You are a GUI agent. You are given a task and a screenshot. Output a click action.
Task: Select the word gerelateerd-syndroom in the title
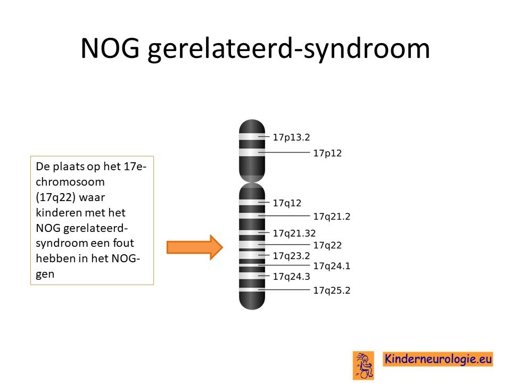click(289, 49)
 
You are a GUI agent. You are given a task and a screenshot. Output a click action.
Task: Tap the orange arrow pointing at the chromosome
click(195, 247)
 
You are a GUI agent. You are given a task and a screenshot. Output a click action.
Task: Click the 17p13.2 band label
click(291, 137)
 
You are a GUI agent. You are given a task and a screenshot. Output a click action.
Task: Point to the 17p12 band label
click(327, 153)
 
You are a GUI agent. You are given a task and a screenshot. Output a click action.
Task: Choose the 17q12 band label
click(287, 203)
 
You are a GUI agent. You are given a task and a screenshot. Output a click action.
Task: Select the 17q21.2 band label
click(332, 217)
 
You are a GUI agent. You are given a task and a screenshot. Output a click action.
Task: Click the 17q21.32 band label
click(294, 233)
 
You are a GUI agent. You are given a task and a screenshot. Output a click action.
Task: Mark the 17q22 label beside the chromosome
click(327, 245)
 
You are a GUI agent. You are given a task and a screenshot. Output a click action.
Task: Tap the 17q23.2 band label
click(291, 256)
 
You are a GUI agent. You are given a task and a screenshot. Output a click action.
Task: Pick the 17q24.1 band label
click(332, 266)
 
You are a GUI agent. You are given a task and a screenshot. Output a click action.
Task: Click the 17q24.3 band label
click(291, 277)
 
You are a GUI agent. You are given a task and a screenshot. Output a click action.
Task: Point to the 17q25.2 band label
click(332, 290)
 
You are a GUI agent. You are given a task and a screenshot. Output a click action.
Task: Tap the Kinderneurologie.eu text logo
click(438, 359)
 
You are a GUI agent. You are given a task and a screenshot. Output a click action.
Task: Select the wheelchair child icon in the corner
click(364, 365)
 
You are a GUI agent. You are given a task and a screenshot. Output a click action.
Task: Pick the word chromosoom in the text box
click(70, 182)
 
